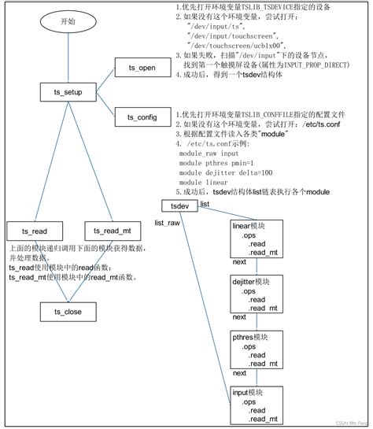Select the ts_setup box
(x=65, y=93)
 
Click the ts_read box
(x=35, y=231)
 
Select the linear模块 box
(x=257, y=239)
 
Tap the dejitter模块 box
(x=257, y=294)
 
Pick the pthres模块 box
(x=257, y=349)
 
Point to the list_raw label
(x=168, y=223)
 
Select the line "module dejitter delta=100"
(x=226, y=172)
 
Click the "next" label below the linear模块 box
(x=239, y=261)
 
